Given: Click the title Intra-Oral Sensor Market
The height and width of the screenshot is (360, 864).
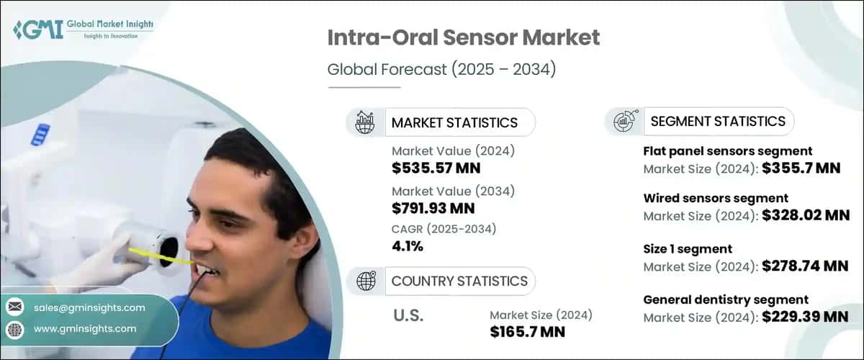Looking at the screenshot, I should pyautogui.click(x=464, y=37).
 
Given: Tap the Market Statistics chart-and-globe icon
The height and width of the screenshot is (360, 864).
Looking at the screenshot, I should pyautogui.click(x=365, y=122).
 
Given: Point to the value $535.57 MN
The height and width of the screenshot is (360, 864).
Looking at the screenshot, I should pyautogui.click(x=436, y=168).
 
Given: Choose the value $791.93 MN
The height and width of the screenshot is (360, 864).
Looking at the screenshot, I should pyautogui.click(x=433, y=209).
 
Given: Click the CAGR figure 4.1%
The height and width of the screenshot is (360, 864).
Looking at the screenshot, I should pyautogui.click(x=408, y=246).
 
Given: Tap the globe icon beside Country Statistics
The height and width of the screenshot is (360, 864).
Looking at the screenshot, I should pyautogui.click(x=366, y=281).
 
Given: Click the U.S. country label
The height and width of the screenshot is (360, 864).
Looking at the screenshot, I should pyautogui.click(x=408, y=315).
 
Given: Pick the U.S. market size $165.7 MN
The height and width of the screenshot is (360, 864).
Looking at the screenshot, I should pyautogui.click(x=527, y=332).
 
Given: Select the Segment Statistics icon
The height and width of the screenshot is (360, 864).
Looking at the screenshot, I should pyautogui.click(x=624, y=122).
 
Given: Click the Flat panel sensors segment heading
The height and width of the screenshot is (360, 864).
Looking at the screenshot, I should pyautogui.click(x=727, y=151).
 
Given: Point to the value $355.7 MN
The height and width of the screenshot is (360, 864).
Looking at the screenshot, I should pyautogui.click(x=801, y=168).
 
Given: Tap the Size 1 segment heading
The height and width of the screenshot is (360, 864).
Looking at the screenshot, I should pyautogui.click(x=688, y=248).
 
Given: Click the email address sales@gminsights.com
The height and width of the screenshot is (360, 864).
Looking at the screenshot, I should pyautogui.click(x=89, y=307).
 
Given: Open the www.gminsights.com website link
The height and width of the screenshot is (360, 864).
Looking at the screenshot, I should pyautogui.click(x=85, y=328).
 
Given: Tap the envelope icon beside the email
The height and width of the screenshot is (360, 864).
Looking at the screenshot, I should pyautogui.click(x=14, y=307).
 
